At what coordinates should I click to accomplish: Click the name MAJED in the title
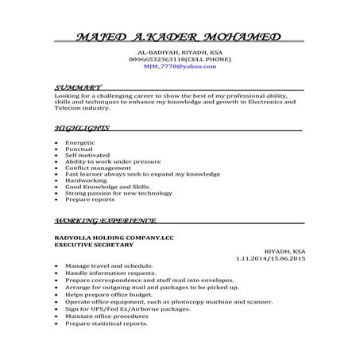pos(99,38)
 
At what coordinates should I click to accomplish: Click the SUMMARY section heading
pos(77,86)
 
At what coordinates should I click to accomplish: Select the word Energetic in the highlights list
pos(81,141)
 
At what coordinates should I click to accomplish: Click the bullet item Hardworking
pos(85,180)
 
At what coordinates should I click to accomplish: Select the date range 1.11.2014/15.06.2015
pos(270,258)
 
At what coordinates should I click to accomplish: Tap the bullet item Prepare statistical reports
pos(106,323)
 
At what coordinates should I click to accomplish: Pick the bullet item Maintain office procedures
pos(106,316)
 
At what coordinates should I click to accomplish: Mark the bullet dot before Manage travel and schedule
pos(56,265)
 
